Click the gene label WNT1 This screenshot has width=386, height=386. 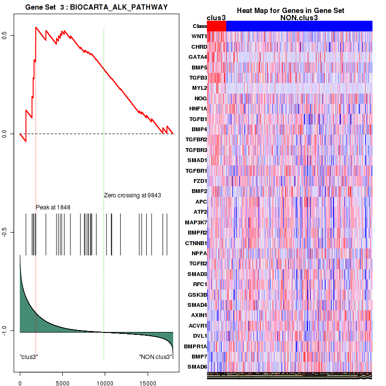[x=199, y=36]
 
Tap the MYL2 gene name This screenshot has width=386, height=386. [x=199, y=88]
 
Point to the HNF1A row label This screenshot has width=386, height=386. [x=198, y=109]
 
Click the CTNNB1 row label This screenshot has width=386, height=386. [x=196, y=243]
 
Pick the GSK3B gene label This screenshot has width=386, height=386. [x=197, y=294]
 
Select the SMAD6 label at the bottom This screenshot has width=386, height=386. [x=198, y=367]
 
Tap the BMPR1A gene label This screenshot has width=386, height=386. [x=195, y=346]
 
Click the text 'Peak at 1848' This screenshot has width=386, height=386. [x=53, y=207]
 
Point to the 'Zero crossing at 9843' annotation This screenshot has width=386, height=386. [x=132, y=195]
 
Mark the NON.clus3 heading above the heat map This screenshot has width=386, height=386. [x=299, y=17]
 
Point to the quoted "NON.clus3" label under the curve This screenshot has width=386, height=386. [x=155, y=357]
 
